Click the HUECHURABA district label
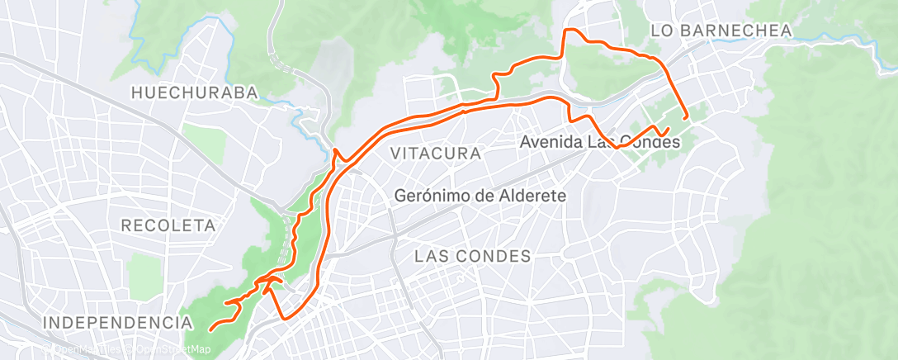[x=195, y=92]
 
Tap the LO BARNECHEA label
[x=721, y=31]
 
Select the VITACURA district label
[x=435, y=154]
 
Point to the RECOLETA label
[x=168, y=225]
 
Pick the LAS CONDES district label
[x=472, y=256]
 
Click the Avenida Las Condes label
[x=600, y=142]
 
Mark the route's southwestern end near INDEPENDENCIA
[x=210, y=329]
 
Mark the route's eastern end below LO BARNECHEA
[x=686, y=117]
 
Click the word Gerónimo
[x=432, y=197]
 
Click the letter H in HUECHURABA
[x=135, y=92]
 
